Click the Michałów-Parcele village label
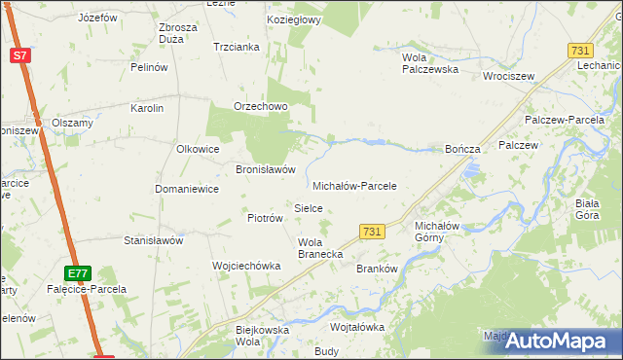354,185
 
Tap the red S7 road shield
20,55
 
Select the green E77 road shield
79,273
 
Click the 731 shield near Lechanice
581,50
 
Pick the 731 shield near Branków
370,232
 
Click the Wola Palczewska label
430,63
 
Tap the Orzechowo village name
259,107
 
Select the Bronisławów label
266,168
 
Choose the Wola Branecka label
319,248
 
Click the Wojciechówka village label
246,266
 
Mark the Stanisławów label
153,239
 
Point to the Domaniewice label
187,189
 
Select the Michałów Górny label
429,231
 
